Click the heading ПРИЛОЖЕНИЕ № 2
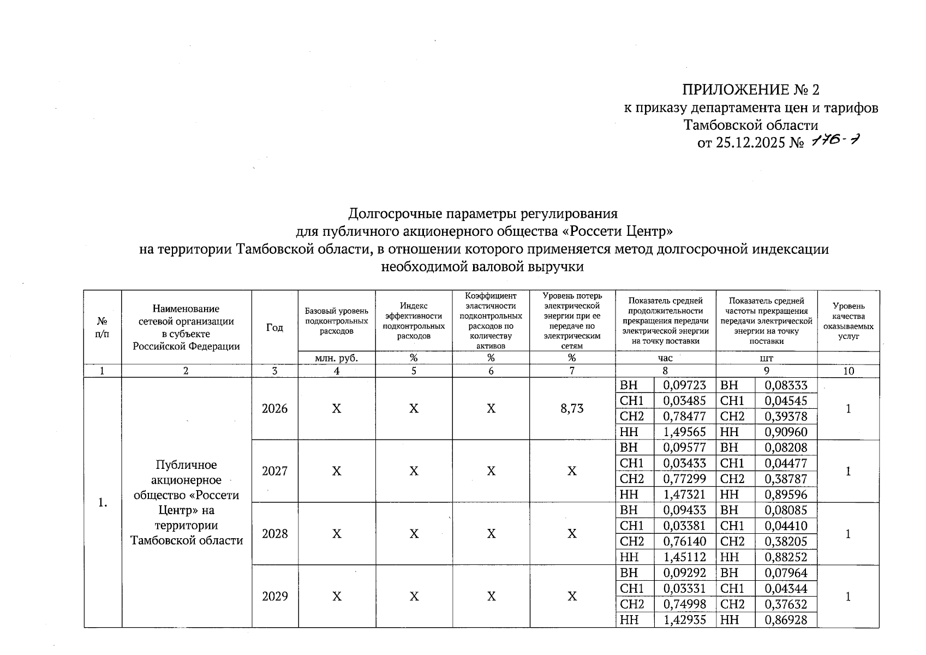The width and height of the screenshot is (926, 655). pyautogui.click(x=751, y=90)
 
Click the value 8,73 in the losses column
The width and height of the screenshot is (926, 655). pyautogui.click(x=572, y=409)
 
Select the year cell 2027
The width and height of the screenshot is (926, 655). pyautogui.click(x=274, y=471)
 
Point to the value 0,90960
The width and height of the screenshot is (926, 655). pyautogui.click(x=786, y=432)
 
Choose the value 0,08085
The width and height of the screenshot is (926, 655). pyautogui.click(x=786, y=510)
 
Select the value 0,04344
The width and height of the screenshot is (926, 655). pyautogui.click(x=786, y=589)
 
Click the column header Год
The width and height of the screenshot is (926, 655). pyautogui.click(x=274, y=327)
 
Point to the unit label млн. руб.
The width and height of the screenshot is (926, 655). pyautogui.click(x=337, y=358)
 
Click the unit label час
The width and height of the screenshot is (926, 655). pyautogui.click(x=665, y=358)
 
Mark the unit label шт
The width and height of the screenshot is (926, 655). pyautogui.click(x=766, y=358)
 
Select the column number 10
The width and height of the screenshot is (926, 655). pyautogui.click(x=849, y=371)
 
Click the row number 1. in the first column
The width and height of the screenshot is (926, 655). pyautogui.click(x=103, y=503)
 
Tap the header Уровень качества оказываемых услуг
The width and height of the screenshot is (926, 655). pyautogui.click(x=849, y=321)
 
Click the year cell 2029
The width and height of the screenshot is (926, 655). pyautogui.click(x=274, y=597)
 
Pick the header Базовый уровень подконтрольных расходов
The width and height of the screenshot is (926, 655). pyautogui.click(x=337, y=321)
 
